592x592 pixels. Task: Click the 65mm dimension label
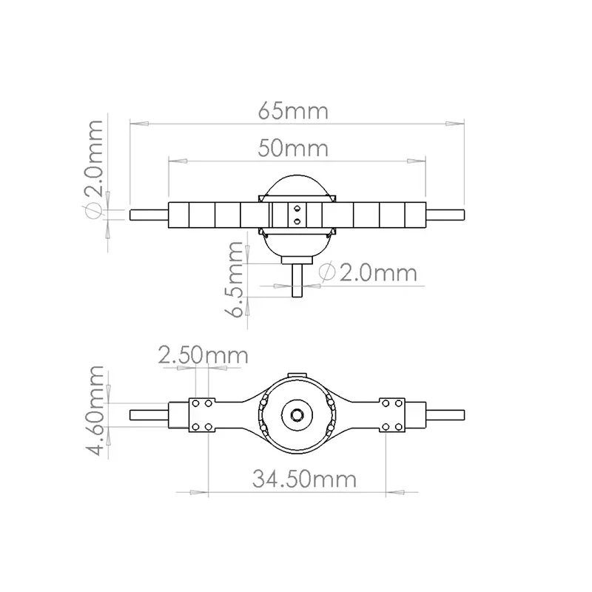(x=293, y=111)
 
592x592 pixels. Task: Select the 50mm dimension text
(x=293, y=149)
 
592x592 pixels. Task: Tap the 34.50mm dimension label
(x=304, y=479)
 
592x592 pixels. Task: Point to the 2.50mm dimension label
(x=203, y=355)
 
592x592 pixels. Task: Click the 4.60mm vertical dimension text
(x=94, y=411)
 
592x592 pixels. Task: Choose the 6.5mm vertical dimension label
(x=233, y=280)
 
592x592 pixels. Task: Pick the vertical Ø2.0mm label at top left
(x=93, y=169)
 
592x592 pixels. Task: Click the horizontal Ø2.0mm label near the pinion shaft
(x=368, y=272)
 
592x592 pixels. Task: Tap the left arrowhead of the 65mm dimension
(x=139, y=124)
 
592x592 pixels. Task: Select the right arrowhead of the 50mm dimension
(x=417, y=161)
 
